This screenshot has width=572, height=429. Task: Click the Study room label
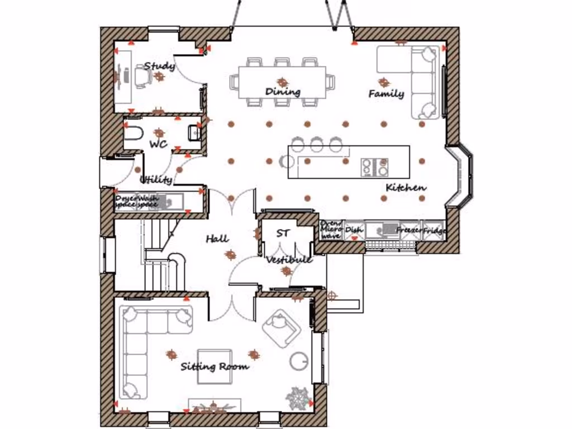coord(159,66)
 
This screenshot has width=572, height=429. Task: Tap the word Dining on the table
coord(283,92)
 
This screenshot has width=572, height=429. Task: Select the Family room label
coord(386,94)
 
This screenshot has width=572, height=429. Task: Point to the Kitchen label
coord(406,188)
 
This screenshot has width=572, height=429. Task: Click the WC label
coord(158,144)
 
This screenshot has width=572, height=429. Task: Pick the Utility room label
coord(156,180)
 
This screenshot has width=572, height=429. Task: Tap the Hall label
coord(217,239)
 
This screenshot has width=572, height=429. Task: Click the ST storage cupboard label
coord(283,233)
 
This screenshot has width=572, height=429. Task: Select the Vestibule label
coord(288,260)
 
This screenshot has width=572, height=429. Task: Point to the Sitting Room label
coord(214,367)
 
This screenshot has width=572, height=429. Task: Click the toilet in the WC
coord(133,133)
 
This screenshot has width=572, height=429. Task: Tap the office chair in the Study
coord(141,76)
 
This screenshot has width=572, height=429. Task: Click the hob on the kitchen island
coord(375,166)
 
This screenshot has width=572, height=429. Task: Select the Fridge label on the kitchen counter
coord(434,230)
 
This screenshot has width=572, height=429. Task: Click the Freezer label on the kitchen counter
coord(409,230)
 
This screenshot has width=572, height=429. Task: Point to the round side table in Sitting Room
coord(299,361)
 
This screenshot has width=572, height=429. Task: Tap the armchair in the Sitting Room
coord(280,325)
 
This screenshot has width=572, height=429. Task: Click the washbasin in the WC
coord(194,132)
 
